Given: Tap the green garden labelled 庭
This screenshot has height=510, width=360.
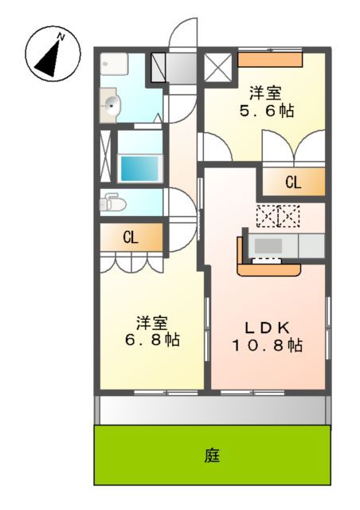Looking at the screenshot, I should coord(212,456).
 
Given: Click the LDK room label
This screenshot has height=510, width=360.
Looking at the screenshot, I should coord(268,327).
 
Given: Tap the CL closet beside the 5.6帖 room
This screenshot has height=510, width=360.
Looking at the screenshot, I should coord(293,182).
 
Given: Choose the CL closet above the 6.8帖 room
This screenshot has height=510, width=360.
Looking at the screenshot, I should coord(131,237).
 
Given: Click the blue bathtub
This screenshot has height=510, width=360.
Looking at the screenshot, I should coord(140,168).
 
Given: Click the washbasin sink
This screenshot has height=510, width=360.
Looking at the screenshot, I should coord(112,104).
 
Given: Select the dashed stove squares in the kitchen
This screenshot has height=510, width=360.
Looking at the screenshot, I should coord(278,216).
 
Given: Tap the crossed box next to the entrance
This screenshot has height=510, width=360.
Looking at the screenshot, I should coord(217,67).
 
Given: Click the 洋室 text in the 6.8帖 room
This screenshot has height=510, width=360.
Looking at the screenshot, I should coord(151,323).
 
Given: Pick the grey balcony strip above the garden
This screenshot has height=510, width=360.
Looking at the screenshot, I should coord(212,410).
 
